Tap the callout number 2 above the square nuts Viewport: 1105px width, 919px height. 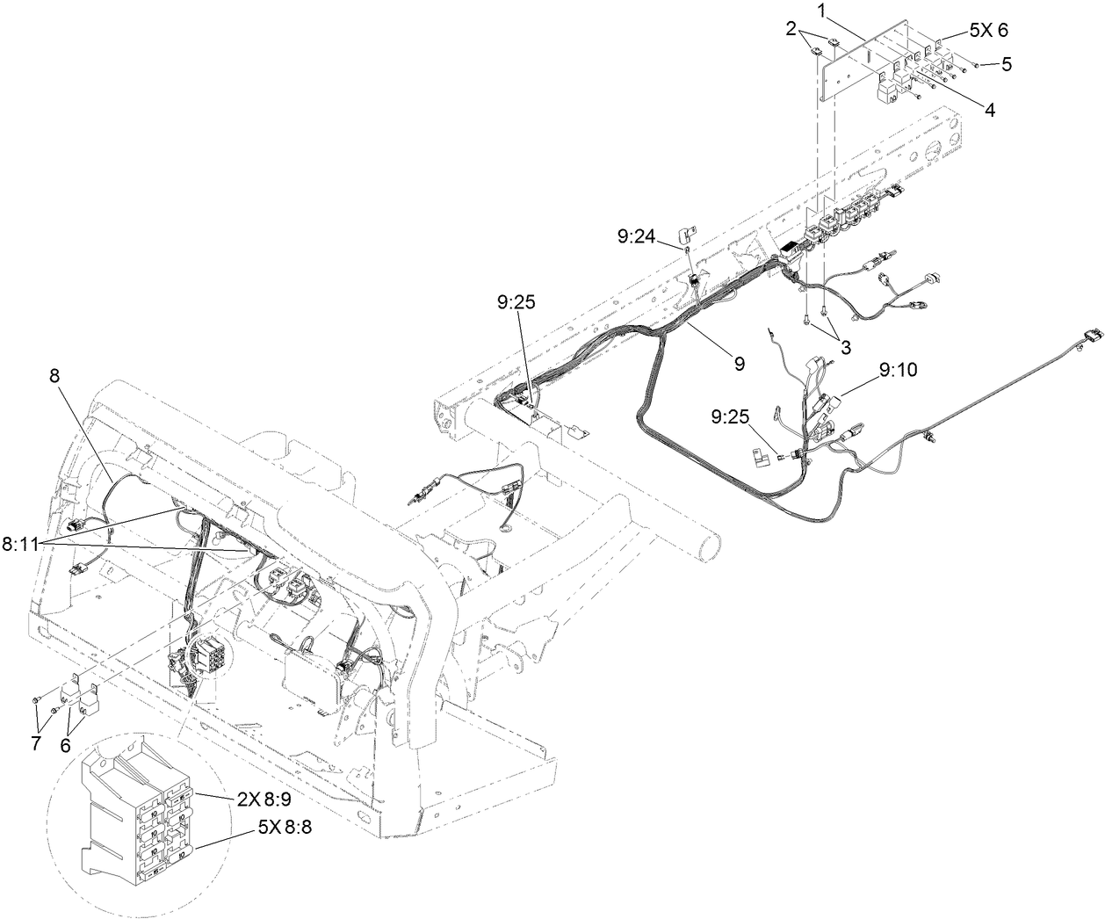pos(791,29)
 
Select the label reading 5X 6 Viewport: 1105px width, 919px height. pos(988,30)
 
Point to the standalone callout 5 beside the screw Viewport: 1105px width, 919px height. pos(1007,64)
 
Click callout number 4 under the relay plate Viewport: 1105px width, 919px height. pos(989,111)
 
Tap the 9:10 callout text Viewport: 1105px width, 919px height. pos(896,370)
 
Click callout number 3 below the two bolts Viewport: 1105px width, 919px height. pos(845,347)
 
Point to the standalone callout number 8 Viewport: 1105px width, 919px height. pos(54,376)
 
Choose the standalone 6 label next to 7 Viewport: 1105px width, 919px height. pos(64,744)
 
